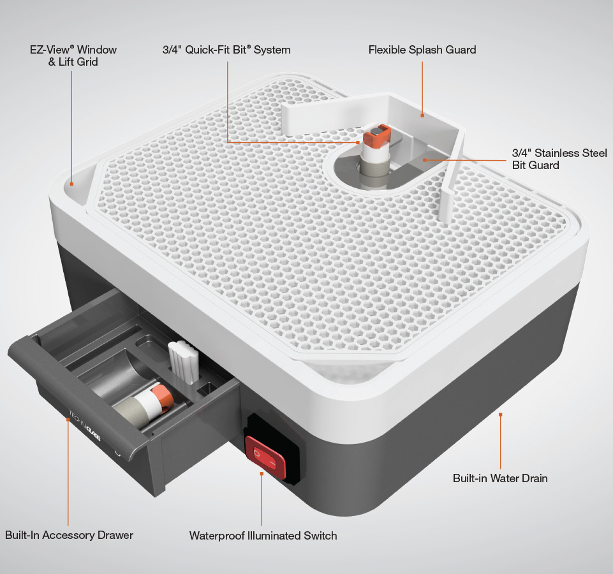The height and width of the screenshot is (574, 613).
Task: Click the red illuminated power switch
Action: click(x=265, y=457)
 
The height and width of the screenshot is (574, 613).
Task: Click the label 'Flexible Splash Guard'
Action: click(x=422, y=50)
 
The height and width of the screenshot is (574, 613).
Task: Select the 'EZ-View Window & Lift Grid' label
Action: click(x=73, y=55)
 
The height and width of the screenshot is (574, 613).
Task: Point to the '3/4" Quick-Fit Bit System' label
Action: click(x=226, y=50)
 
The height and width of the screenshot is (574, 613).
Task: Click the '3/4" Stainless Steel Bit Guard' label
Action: click(x=559, y=159)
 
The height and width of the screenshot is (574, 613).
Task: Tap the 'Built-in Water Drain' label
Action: click(x=500, y=478)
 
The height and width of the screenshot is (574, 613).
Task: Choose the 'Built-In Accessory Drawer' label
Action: click(x=69, y=535)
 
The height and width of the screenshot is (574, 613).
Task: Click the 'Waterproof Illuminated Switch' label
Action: click(x=263, y=535)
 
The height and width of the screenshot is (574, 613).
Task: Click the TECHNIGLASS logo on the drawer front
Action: click(x=85, y=425)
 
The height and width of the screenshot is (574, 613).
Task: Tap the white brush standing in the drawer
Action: click(x=183, y=362)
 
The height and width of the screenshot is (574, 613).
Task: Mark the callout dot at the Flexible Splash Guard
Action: click(x=422, y=115)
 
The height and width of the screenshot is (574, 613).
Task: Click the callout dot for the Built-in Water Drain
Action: click(x=500, y=414)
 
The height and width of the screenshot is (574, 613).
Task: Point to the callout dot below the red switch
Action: click(x=262, y=473)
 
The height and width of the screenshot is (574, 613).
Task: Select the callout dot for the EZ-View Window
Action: click(x=71, y=184)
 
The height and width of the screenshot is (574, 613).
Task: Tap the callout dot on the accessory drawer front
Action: click(x=68, y=419)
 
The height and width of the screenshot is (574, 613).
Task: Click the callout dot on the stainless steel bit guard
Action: click(x=425, y=160)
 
